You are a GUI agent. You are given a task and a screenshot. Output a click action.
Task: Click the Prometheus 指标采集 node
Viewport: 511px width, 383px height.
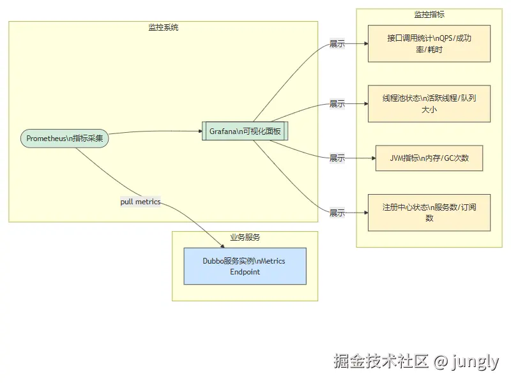[x=65, y=139]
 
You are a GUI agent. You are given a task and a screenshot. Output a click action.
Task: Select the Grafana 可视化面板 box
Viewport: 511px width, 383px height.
[x=245, y=131]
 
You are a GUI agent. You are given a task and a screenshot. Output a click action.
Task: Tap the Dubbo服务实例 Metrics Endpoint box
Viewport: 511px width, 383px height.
[x=245, y=266]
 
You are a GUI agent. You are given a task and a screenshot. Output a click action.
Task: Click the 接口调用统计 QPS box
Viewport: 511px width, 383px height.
[x=429, y=43]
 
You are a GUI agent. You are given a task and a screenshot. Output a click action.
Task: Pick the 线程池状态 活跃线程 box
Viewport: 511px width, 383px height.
[x=429, y=103]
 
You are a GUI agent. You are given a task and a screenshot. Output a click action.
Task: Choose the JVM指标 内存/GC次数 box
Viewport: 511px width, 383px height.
[x=429, y=158]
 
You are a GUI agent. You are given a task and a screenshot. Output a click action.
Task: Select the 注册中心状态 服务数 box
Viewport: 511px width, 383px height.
[x=429, y=213]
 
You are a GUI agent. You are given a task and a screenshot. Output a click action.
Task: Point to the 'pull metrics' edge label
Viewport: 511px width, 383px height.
[x=141, y=202]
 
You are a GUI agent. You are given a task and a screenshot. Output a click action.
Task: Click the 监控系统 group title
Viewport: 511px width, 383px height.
[x=163, y=27]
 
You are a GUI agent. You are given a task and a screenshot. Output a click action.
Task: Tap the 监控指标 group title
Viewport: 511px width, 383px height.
[x=429, y=15]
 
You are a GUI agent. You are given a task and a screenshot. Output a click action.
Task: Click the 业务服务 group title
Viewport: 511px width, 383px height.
[x=245, y=237]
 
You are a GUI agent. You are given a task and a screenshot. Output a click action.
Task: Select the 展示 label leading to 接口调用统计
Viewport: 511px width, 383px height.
[x=337, y=44]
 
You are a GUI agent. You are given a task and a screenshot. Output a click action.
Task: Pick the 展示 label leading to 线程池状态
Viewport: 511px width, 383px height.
[x=337, y=103]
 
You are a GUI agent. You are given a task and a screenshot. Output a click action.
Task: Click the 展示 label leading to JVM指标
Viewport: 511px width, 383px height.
[x=337, y=158]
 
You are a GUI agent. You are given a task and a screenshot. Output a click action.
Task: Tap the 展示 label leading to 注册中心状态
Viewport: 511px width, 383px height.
[x=337, y=213]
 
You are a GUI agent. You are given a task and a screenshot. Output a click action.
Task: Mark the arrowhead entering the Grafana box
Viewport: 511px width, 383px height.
[x=199, y=131]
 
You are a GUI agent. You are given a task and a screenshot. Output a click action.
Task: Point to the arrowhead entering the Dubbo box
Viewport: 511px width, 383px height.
[x=222, y=245]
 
